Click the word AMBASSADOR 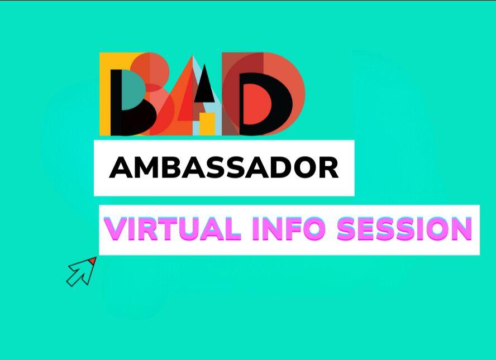tap(223, 167)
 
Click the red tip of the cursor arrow tap(93, 261)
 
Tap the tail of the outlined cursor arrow tap(73, 279)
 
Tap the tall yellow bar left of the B tap(105, 95)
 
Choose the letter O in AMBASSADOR tap(308, 167)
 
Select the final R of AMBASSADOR tap(330, 167)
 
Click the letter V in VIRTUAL tap(115, 229)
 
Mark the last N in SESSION tap(461, 229)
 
